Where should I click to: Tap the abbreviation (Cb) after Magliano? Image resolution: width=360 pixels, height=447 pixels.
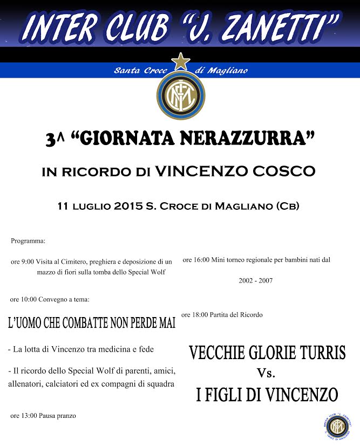(x=287, y=205)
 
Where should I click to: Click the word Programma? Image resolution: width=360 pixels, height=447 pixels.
(x=28, y=240)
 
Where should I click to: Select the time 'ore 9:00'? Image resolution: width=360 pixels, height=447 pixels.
(x=22, y=262)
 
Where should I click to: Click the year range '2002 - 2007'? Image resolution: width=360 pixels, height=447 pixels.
(x=255, y=281)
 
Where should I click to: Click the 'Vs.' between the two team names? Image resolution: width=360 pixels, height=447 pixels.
(x=267, y=373)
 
